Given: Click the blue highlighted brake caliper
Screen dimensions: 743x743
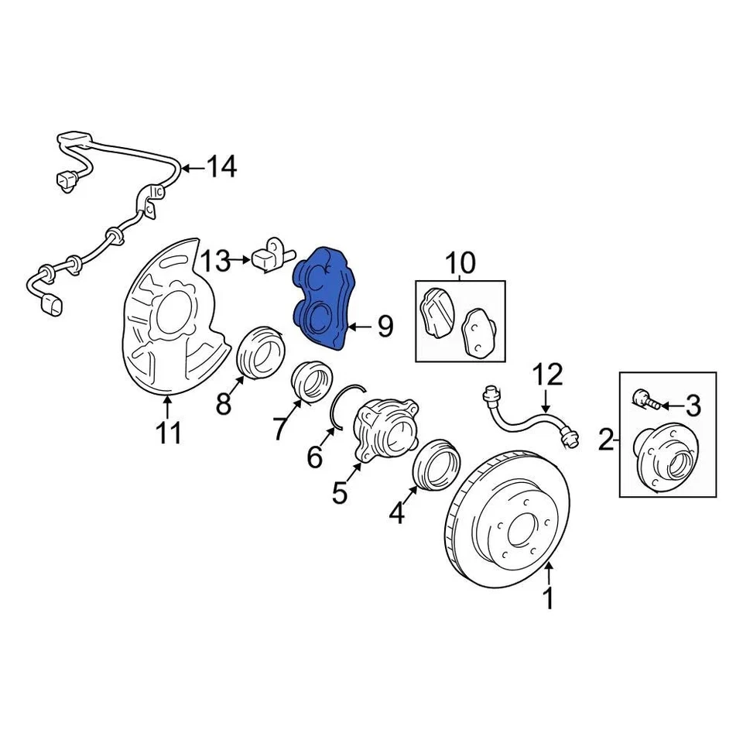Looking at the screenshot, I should click(x=324, y=298).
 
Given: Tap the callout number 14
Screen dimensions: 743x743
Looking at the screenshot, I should click(x=221, y=166).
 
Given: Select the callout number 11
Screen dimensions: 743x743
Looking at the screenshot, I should click(x=169, y=432).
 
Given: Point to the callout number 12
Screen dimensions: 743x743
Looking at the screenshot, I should click(x=548, y=376).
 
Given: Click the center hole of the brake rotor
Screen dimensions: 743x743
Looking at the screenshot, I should click(x=513, y=532).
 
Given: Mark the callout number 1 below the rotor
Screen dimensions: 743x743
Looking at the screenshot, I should click(x=549, y=598).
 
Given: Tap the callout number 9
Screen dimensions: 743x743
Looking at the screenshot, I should click(x=385, y=327).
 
